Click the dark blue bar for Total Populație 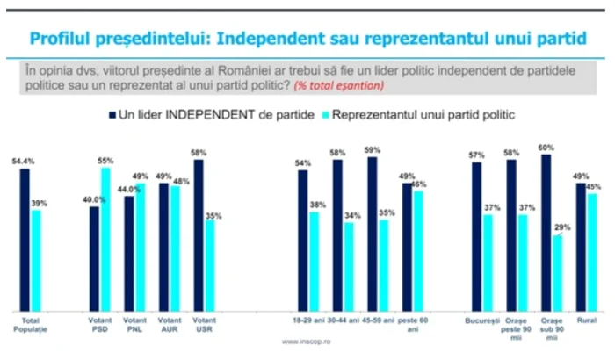pyautogui.click(x=25, y=239)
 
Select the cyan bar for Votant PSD pyautogui.click(x=106, y=238)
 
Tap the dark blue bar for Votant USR pyautogui.click(x=199, y=234)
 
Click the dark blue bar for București pyautogui.click(x=477, y=236)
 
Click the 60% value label pyautogui.click(x=546, y=148)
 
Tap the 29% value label pyautogui.click(x=557, y=227)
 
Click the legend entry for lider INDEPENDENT pyautogui.click(x=210, y=115)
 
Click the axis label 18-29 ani pyautogui.click(x=307, y=321)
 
